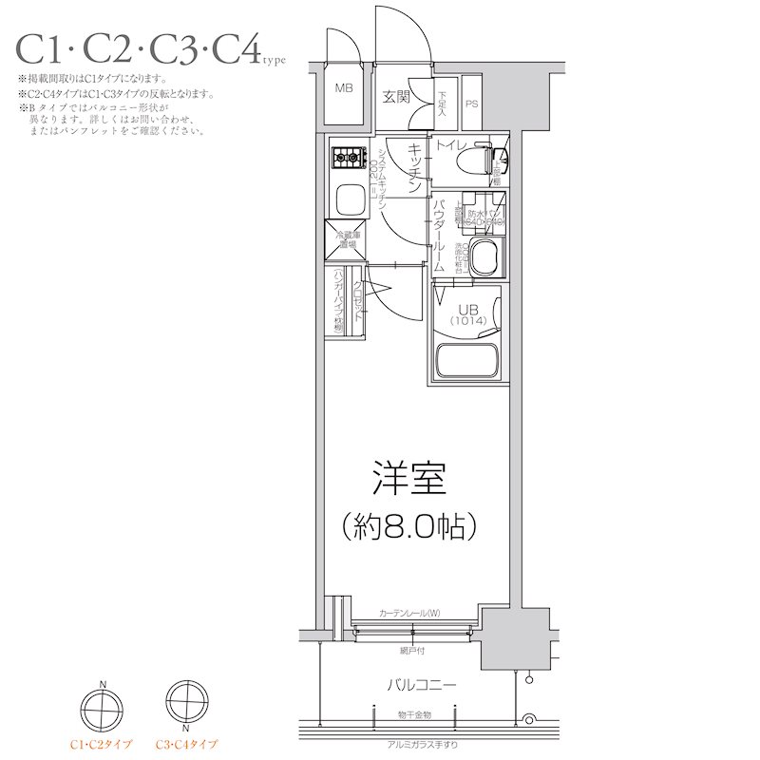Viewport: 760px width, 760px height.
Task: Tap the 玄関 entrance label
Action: (396, 96)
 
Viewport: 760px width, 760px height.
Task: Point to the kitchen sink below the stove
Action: (348, 200)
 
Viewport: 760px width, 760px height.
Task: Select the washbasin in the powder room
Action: (485, 256)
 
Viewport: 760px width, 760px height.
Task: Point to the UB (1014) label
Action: (466, 314)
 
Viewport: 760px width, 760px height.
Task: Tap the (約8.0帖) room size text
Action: (409, 523)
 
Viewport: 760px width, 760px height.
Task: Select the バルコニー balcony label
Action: (422, 684)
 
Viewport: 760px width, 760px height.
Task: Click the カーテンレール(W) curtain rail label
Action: (408, 613)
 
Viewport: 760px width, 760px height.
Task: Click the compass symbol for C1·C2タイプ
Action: (101, 705)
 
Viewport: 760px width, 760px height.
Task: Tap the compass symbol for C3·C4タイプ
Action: (184, 705)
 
